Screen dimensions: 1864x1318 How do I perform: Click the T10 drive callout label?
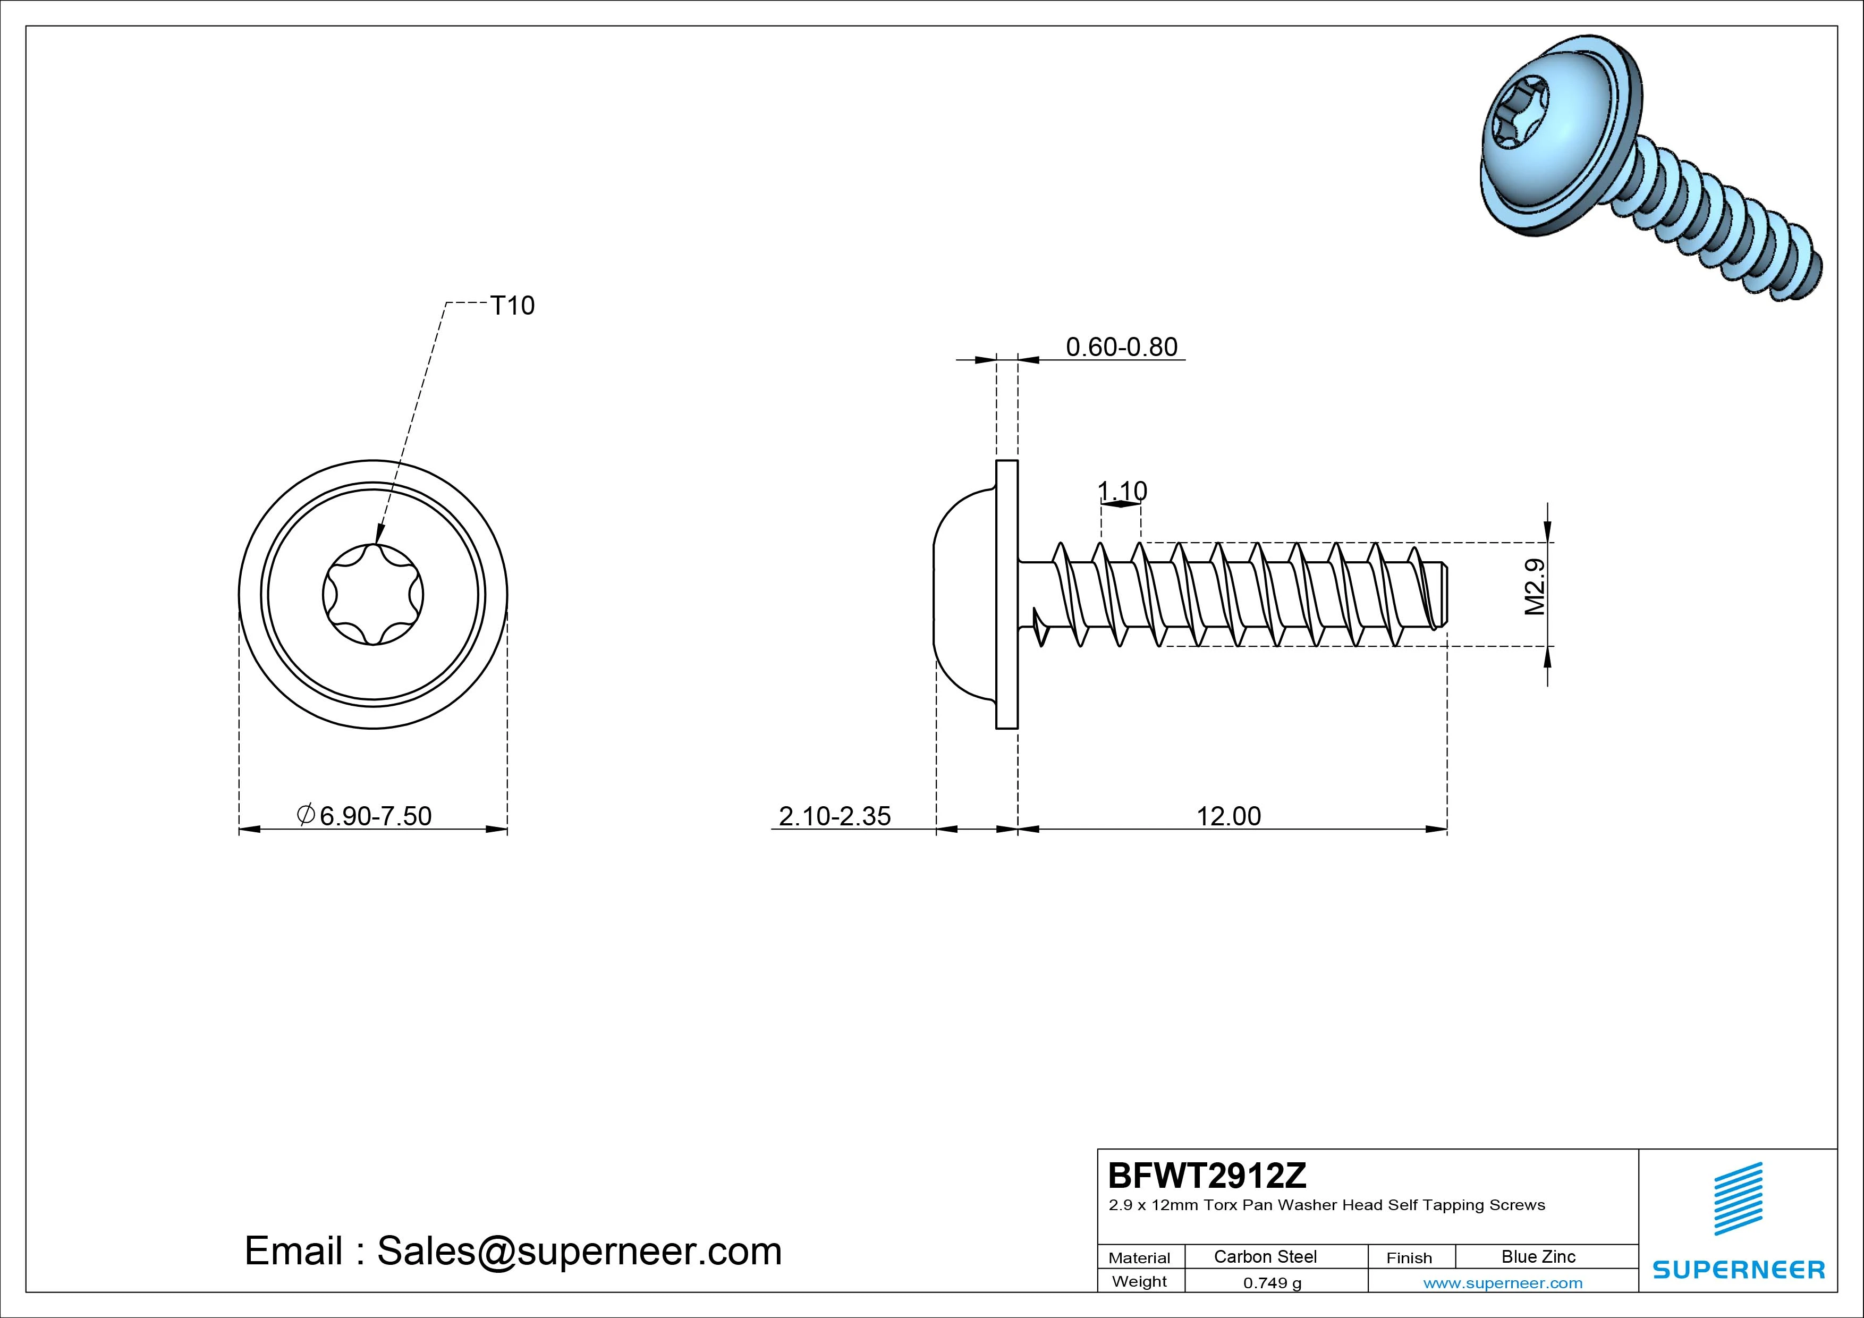[512, 306]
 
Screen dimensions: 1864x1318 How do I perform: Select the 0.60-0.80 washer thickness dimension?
[1121, 347]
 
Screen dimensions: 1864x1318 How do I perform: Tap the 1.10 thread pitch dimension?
[1122, 491]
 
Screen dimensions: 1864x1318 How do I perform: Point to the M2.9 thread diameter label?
[1535, 586]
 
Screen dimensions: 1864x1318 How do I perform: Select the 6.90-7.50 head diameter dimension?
[365, 815]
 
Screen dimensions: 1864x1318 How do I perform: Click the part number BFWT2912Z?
[1207, 1175]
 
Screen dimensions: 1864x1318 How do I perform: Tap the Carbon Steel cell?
[1265, 1256]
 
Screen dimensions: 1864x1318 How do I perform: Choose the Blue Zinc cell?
[1538, 1256]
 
